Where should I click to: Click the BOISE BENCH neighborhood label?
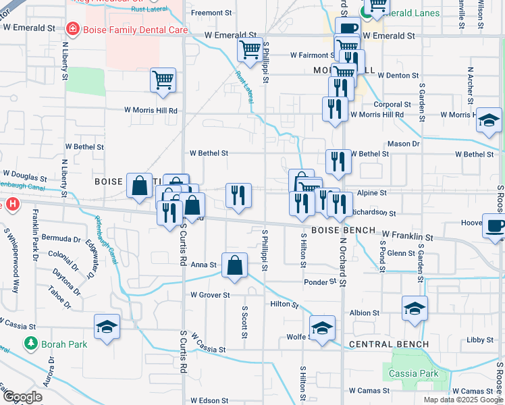(343, 230)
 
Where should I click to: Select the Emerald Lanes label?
(409, 13)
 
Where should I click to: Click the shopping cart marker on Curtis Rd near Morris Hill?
(163, 80)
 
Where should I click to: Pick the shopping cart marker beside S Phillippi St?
(250, 49)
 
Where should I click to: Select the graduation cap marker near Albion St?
(415, 308)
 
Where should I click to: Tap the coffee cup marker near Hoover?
(495, 225)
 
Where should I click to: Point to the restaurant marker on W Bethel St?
(338, 161)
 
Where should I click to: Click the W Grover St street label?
(210, 295)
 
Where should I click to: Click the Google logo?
(22, 398)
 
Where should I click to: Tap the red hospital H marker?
(9, 204)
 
